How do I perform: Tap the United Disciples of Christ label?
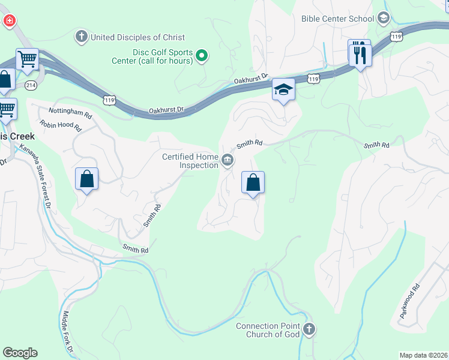(x=137, y=37)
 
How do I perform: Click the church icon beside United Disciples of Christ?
(x=81, y=37)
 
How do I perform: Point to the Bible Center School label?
(x=338, y=19)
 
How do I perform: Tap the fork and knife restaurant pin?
(x=360, y=55)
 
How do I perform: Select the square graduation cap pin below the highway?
(x=283, y=91)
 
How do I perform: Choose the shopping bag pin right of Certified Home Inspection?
(x=253, y=182)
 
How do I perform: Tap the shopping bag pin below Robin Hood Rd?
(x=87, y=179)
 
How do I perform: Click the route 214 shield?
(x=31, y=85)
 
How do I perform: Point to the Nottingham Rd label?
(x=70, y=113)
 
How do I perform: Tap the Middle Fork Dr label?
(x=68, y=332)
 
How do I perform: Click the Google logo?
(x=20, y=353)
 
